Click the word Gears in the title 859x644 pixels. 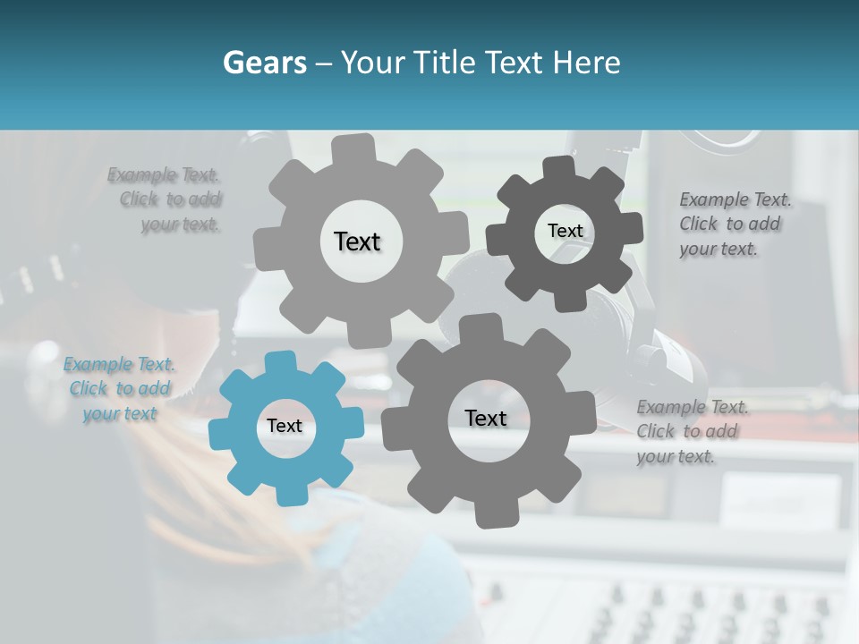264,63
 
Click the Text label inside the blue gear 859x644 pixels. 285,427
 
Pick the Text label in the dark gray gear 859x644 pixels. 565,231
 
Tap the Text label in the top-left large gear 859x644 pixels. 357,241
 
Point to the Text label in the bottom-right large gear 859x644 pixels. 486,418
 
